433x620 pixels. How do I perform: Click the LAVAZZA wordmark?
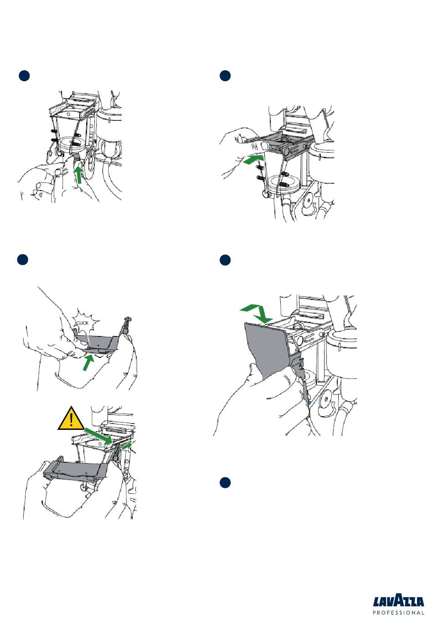[399, 601]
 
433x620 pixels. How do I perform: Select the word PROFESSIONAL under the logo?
[399, 613]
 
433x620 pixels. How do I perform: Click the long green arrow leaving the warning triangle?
[98, 435]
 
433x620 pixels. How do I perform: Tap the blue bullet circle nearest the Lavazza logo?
[224, 483]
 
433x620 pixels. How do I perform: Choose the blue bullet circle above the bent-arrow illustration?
[224, 260]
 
